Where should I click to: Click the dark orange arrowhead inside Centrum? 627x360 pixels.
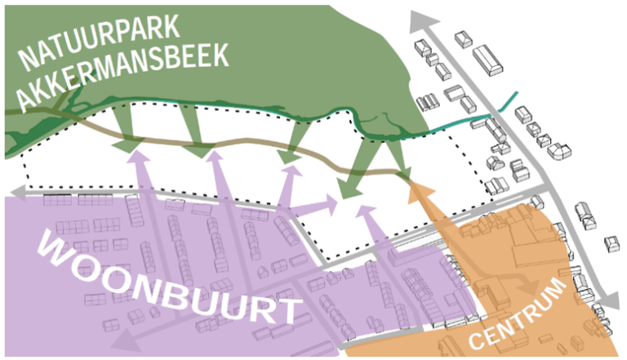(x=531, y=285)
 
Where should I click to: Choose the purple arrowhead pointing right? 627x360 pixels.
(x=331, y=205)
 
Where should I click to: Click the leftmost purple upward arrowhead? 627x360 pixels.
(x=138, y=155)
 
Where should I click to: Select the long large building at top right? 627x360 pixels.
(x=487, y=60)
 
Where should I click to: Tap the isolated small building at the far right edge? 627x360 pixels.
(x=611, y=244)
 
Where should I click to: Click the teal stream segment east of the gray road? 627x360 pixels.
(x=508, y=100)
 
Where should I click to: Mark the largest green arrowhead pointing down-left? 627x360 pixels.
(x=349, y=189)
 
